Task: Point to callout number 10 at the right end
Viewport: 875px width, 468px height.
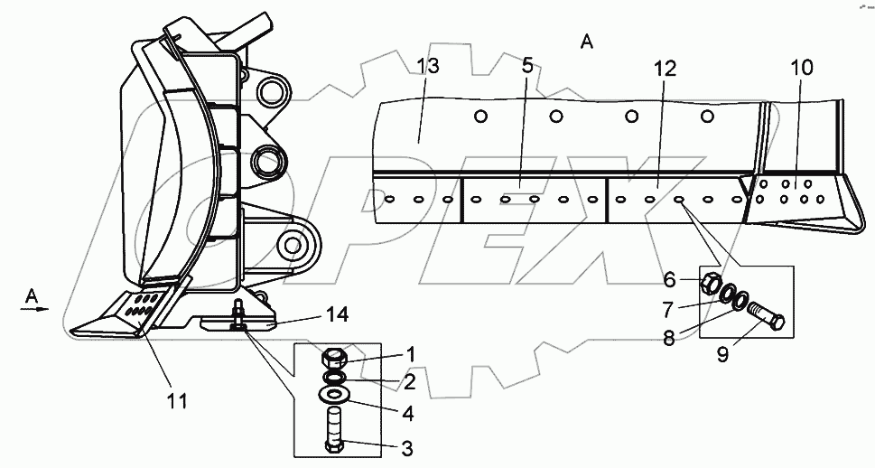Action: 801,68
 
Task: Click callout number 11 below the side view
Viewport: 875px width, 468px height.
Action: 177,401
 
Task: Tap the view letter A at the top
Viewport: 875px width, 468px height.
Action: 587,42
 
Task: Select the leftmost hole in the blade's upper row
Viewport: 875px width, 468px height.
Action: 480,116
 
